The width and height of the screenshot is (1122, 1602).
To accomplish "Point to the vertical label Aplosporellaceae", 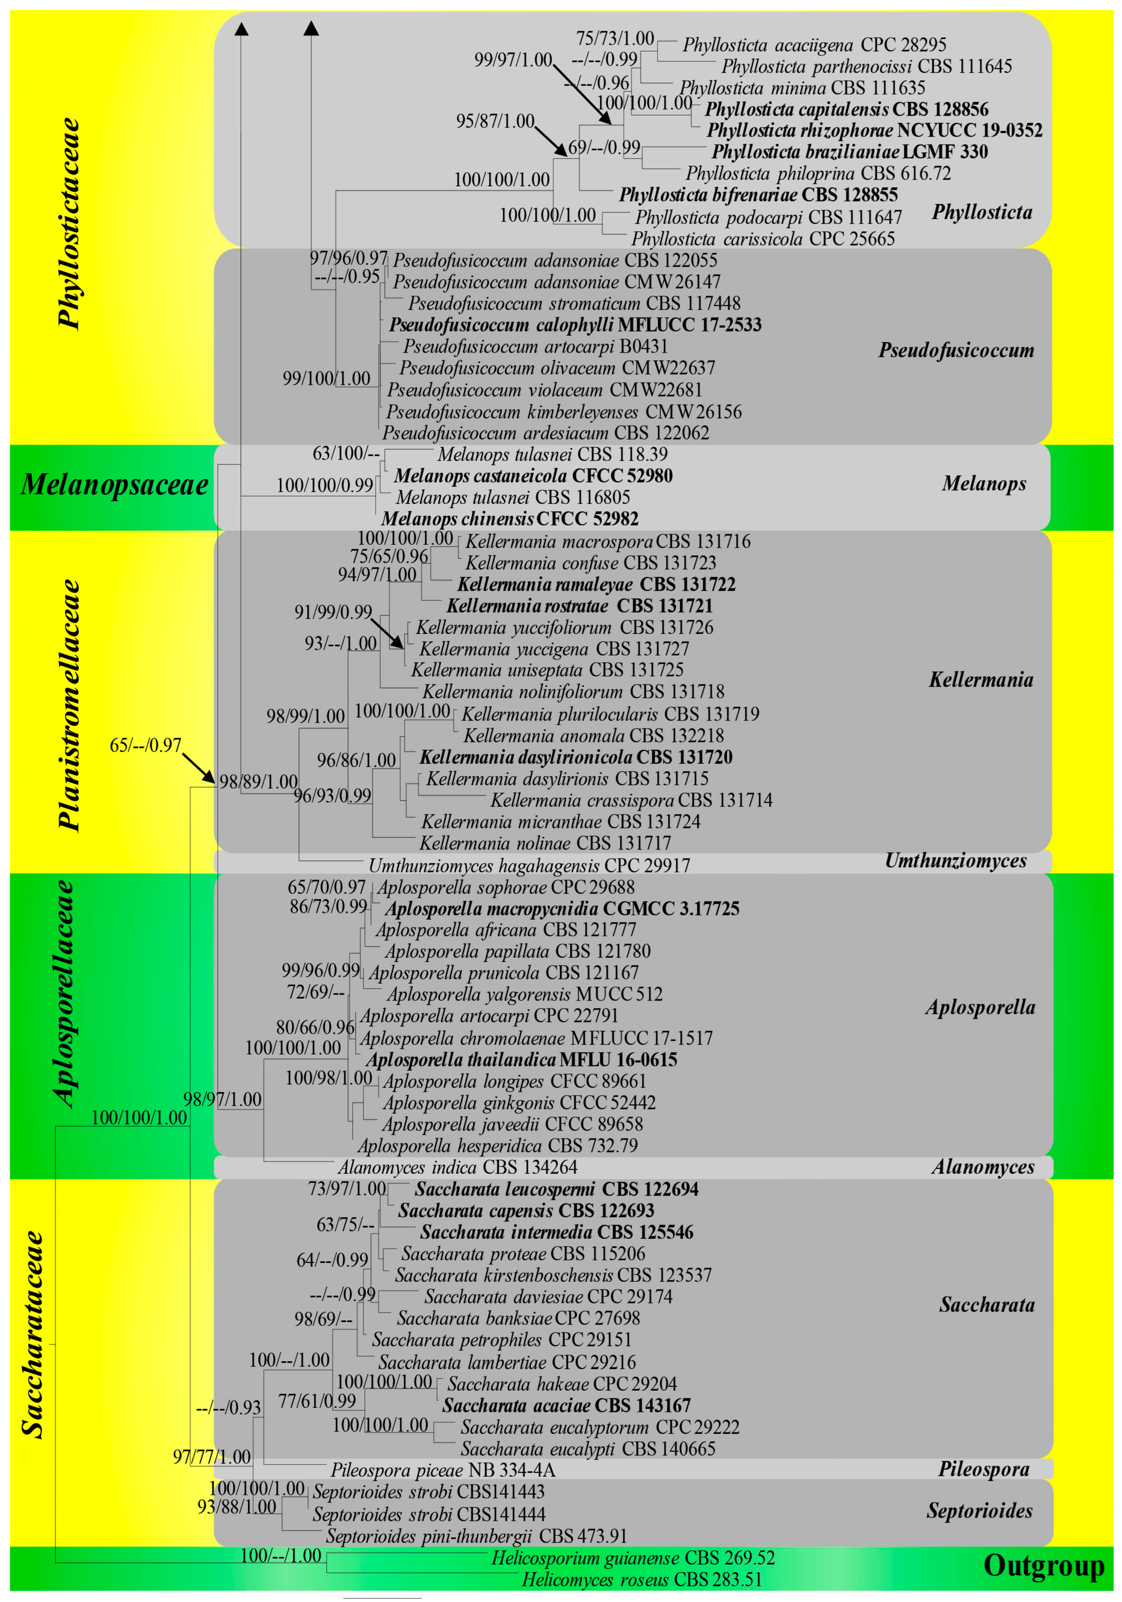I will pos(64,994).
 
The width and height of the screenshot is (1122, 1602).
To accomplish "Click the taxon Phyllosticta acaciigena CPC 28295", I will pos(814,45).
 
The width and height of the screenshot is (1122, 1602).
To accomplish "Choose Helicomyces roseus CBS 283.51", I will pos(641,1580).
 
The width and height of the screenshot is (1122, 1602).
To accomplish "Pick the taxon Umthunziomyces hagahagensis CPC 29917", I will pos(529,866).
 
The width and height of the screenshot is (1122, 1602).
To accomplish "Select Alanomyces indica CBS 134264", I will pos(457,1167).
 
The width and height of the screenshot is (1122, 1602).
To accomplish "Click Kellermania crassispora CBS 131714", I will pos(631,800).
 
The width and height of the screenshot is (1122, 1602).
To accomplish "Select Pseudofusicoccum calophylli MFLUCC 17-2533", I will pos(575,325).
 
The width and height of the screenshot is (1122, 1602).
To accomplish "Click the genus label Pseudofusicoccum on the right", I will pos(956,350).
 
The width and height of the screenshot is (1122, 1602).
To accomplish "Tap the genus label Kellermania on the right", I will pos(980,680).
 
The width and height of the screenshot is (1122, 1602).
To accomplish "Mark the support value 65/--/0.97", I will pos(145,745).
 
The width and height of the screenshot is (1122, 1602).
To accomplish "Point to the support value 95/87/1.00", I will pos(495,121).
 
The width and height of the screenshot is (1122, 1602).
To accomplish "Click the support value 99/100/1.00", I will pos(326,379).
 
